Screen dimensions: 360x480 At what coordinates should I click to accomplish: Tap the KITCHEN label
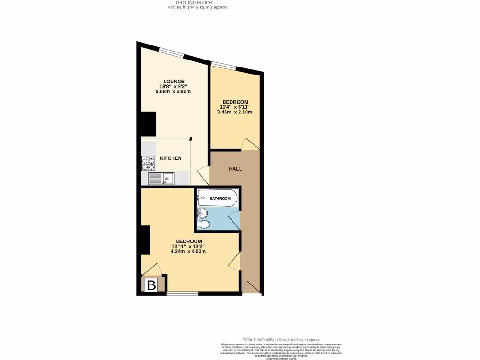171,158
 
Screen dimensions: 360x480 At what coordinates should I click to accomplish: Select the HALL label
235,169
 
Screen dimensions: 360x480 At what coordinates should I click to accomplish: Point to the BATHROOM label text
220,199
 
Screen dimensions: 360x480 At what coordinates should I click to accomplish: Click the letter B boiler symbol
151,285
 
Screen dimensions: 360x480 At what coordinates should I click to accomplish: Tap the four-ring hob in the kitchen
148,162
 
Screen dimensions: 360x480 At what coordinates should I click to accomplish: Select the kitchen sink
161,178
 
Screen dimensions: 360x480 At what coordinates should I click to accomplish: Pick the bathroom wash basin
202,213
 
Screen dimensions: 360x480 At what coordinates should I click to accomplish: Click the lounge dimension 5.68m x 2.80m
171,92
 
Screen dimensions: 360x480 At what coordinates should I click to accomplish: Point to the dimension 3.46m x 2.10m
235,112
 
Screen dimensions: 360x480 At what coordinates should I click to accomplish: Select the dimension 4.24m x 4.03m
188,251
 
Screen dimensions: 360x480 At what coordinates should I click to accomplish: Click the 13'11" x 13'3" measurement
188,246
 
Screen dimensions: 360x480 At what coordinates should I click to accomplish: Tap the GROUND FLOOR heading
198,3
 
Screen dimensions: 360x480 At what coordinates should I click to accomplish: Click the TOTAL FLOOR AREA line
281,340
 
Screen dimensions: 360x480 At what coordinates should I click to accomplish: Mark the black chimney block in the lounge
148,124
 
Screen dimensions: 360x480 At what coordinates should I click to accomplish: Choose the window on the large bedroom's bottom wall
182,294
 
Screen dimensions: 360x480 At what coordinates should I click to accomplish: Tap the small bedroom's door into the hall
249,144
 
